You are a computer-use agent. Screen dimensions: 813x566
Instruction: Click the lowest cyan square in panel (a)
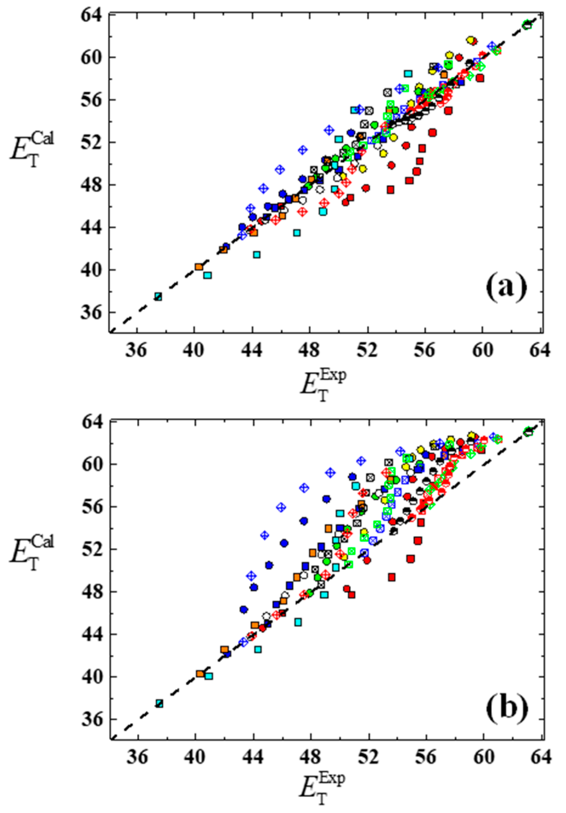pos(158,296)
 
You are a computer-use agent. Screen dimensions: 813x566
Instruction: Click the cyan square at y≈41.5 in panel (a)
pos(257,255)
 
